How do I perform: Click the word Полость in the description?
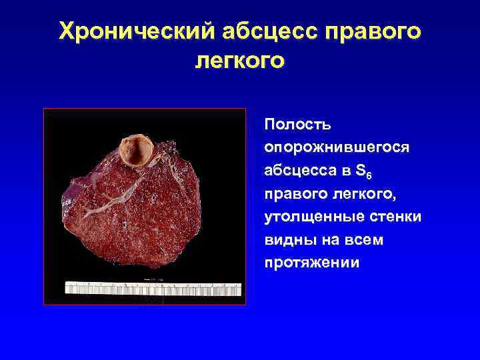coord(293,124)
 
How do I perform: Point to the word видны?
coord(288,239)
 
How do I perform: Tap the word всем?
coord(361,239)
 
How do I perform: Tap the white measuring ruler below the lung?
coord(153,288)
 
